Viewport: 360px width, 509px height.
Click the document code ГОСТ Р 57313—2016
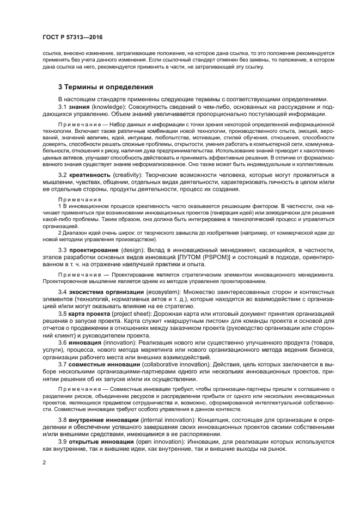(x=72, y=37)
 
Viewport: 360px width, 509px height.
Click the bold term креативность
(x=93, y=174)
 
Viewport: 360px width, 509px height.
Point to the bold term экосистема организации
(x=107, y=292)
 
